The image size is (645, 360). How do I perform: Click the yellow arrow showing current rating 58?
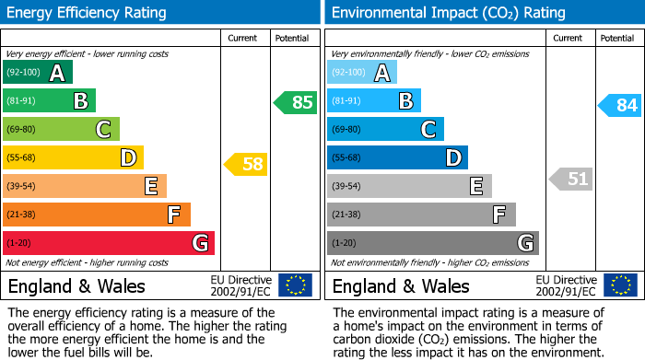pyautogui.click(x=246, y=165)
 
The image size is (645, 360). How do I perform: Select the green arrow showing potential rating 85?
pyautogui.click(x=295, y=102)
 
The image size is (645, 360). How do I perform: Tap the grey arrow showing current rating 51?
pyautogui.click(x=570, y=179)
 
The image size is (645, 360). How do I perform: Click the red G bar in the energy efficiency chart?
pyautogui.click(x=109, y=243)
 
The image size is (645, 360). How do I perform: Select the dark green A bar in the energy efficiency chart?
pyautogui.click(x=38, y=73)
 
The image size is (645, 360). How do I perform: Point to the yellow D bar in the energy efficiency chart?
pyautogui.click(x=73, y=157)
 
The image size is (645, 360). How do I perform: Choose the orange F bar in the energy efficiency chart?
pyautogui.click(x=97, y=215)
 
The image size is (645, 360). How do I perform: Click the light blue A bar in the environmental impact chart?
pyautogui.click(x=362, y=73)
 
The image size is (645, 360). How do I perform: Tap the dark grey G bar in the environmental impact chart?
pyautogui.click(x=432, y=243)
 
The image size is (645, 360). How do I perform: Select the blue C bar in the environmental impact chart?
pyautogui.click(x=385, y=129)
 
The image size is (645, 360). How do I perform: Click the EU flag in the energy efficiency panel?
pyautogui.click(x=295, y=285)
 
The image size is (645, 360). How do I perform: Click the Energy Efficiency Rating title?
pyautogui.click(x=88, y=13)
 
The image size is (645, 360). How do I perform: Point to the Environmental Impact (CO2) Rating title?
pyautogui.click(x=448, y=13)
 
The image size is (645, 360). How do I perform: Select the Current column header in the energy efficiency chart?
pyautogui.click(x=244, y=38)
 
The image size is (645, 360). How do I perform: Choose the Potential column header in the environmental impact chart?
pyautogui.click(x=616, y=38)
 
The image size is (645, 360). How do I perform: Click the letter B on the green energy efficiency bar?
pyautogui.click(x=81, y=101)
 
